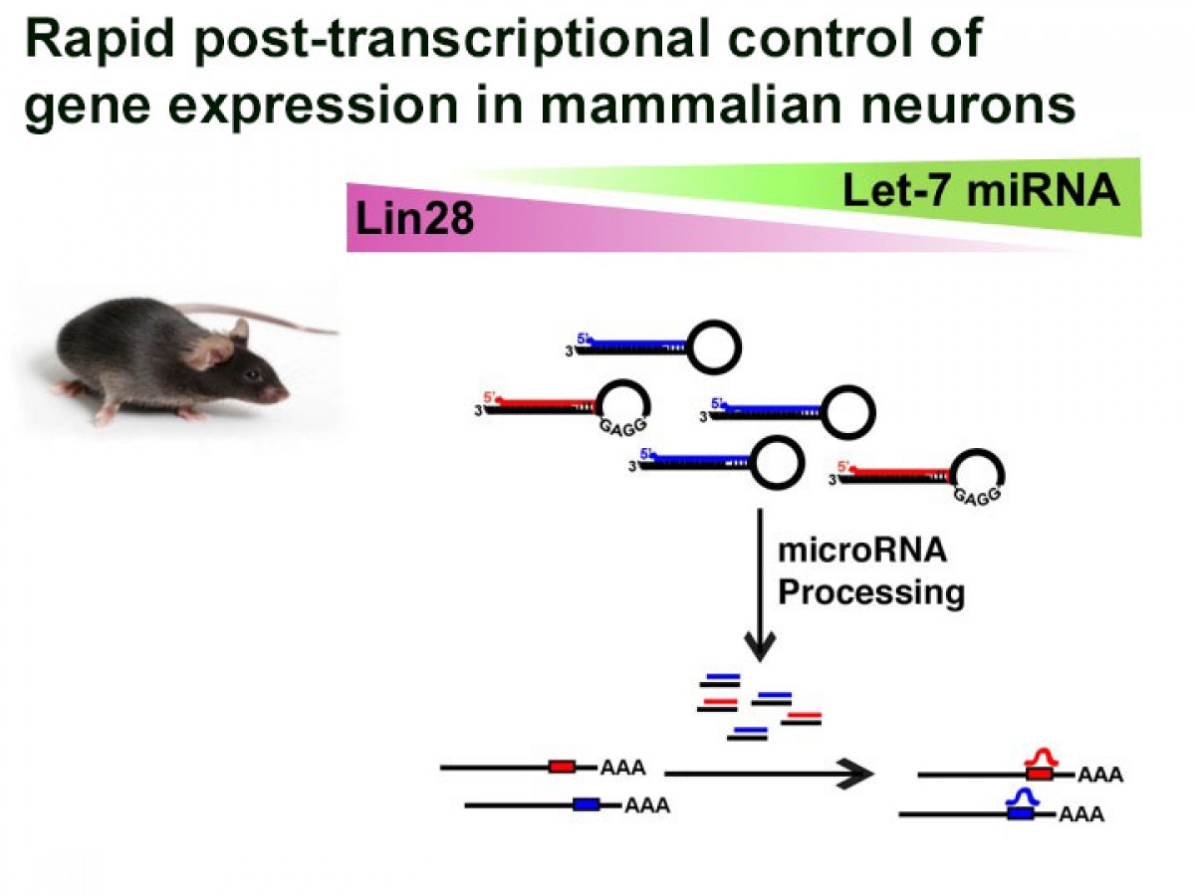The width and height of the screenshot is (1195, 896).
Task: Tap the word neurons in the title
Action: pyautogui.click(x=969, y=107)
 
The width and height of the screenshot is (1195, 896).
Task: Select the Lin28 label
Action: pyautogui.click(x=414, y=219)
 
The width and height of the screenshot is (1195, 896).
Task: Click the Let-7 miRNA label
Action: pyautogui.click(x=981, y=191)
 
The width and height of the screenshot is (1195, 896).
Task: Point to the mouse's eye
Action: pyautogui.click(x=252, y=375)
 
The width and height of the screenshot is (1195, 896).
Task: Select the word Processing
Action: pyautogui.click(x=871, y=593)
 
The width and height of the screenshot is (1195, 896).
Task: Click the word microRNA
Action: pyautogui.click(x=862, y=551)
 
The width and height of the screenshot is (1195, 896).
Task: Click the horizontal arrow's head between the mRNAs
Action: pyautogui.click(x=857, y=774)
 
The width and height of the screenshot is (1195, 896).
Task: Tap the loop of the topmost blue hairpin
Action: pyautogui.click(x=714, y=347)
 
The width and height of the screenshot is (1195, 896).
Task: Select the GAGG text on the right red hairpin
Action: pyautogui.click(x=978, y=496)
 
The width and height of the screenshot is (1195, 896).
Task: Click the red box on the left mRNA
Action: pyautogui.click(x=562, y=767)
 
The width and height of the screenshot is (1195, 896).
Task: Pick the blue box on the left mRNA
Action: pyautogui.click(x=586, y=804)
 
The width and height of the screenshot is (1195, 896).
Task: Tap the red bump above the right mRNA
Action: pyautogui.click(x=1041, y=757)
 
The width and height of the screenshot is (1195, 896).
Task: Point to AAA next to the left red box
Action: pyautogui.click(x=622, y=768)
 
